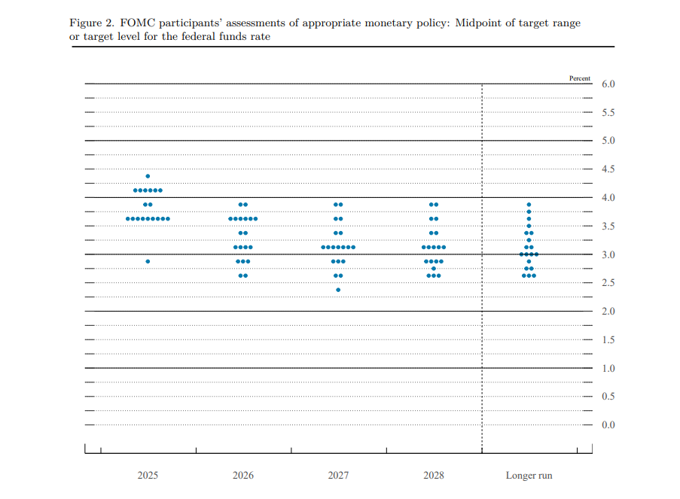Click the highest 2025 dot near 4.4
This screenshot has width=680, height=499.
[148, 176]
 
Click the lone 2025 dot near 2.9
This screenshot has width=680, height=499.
[148, 261]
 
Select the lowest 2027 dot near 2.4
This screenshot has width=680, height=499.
[338, 290]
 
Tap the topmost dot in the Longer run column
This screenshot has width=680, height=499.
[529, 205]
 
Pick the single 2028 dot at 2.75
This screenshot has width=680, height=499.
[434, 269]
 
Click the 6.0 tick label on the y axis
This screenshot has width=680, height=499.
[608, 84]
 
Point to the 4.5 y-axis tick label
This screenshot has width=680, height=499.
[608, 169]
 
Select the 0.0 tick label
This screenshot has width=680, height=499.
[608, 425]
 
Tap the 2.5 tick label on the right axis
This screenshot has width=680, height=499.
[608, 283]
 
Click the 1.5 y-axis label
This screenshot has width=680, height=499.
[608, 340]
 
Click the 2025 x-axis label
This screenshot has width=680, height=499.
[148, 476]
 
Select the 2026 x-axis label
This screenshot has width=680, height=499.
[243, 476]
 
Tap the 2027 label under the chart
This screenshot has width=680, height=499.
[338, 476]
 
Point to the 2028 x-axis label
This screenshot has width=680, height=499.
[434, 476]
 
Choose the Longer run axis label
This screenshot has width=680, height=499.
[529, 476]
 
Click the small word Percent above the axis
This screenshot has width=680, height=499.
[580, 78]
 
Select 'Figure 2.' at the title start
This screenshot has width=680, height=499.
[90, 23]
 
